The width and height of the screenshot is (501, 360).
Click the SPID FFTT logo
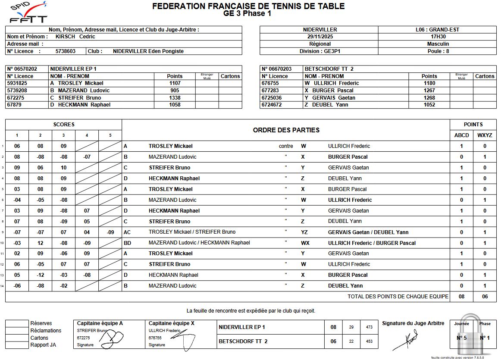(28, 13)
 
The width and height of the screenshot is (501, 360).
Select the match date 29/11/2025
(319, 37)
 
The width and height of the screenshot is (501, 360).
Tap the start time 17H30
(438, 37)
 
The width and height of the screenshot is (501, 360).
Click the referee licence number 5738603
(66, 51)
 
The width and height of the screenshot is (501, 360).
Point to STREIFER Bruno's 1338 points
(175, 98)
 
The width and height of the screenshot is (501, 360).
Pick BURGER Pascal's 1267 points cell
(429, 91)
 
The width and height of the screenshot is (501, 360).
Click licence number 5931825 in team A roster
(17, 83)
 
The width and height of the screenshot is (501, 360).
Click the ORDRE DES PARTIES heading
(286, 130)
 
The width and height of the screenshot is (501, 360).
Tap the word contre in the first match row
(286, 146)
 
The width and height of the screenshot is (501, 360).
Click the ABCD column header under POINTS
(461, 135)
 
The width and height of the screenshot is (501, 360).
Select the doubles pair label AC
(127, 232)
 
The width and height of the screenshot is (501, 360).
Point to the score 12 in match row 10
(40, 243)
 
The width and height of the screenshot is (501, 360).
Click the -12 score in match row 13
(40, 275)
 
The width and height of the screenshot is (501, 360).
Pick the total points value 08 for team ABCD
(461, 297)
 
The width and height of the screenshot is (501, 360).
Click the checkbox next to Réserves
(17, 323)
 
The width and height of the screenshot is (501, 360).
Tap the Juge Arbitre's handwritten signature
(405, 341)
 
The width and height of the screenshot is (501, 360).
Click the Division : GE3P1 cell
(319, 51)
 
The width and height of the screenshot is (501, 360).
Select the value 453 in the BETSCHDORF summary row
(369, 341)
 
